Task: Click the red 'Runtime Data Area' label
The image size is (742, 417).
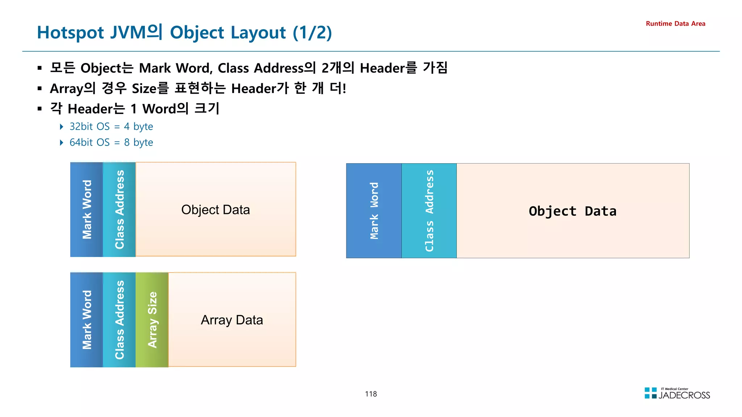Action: [x=675, y=24]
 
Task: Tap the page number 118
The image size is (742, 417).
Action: [x=371, y=394]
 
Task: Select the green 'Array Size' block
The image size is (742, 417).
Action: [x=152, y=320]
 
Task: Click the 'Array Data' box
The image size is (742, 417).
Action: [x=232, y=320]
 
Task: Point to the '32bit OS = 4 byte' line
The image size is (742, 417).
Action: [x=111, y=126]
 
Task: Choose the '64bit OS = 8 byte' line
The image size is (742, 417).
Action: [x=111, y=142]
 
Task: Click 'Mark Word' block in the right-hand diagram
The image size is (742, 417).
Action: [x=374, y=211]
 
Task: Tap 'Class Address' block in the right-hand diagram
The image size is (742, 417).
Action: [x=429, y=211]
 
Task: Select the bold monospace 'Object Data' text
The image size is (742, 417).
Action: [x=572, y=211]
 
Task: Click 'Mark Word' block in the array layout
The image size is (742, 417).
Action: [x=87, y=320]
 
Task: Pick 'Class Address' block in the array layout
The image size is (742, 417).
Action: [x=119, y=320]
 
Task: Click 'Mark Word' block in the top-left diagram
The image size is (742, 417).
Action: [x=87, y=210]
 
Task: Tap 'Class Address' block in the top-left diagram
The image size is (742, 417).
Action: [x=119, y=210]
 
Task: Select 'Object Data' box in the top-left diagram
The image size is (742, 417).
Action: [x=216, y=210]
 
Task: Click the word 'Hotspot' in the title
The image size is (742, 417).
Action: [x=71, y=33]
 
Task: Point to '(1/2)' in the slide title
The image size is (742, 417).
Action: [x=312, y=33]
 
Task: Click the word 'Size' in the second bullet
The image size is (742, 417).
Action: [x=143, y=88]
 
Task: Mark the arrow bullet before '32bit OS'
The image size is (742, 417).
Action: [x=62, y=126]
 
